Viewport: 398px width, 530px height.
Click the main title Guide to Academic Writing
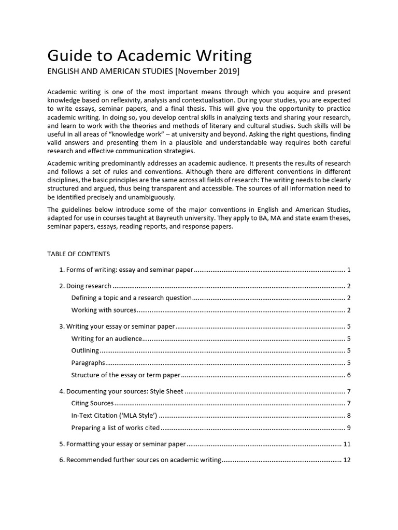tap(149, 55)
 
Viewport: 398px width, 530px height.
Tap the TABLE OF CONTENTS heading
tap(78, 254)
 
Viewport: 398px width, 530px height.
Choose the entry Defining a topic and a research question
tap(132, 298)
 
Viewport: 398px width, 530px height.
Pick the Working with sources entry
tap(104, 310)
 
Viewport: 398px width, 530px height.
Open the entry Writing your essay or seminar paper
tap(120, 327)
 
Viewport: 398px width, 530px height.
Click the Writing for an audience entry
tap(107, 338)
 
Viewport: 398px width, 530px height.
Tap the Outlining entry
tap(85, 350)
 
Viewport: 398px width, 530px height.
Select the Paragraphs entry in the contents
tap(88, 363)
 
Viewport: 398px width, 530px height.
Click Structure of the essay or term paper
tap(126, 375)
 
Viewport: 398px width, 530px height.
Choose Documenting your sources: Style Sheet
tap(124, 391)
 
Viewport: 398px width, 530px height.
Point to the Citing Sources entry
tap(92, 403)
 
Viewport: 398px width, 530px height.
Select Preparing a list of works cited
tap(116, 428)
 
